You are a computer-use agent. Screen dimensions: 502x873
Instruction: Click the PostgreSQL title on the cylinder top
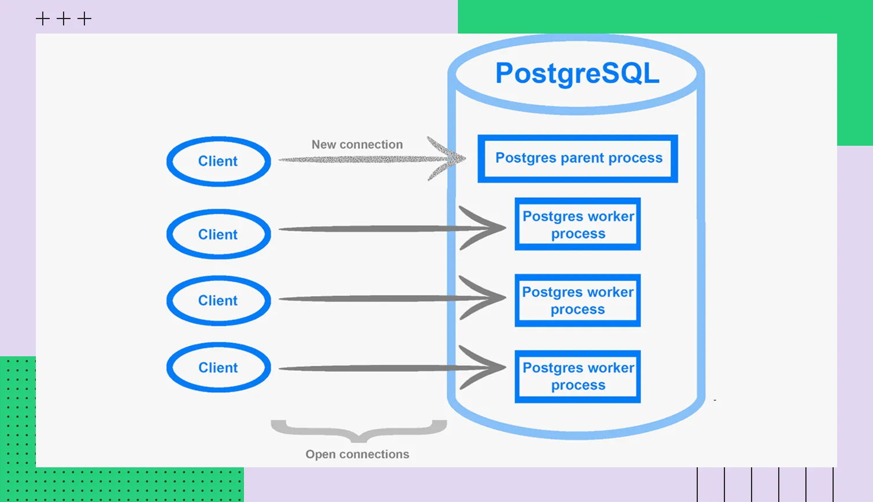[577, 73]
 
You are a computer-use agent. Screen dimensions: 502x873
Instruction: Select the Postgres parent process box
[578, 158]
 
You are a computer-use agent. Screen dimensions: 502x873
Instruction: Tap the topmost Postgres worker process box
[578, 224]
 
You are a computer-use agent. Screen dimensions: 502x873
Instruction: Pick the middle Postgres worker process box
[578, 301]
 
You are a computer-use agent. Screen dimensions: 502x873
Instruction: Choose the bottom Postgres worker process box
[578, 376]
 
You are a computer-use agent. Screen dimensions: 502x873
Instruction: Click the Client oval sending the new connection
[219, 161]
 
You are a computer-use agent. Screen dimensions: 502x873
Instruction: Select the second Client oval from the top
[219, 234]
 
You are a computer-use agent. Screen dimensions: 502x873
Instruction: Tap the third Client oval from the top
[219, 301]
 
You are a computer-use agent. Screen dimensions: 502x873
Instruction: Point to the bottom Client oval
[219, 368]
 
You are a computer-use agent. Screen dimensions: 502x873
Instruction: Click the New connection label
[357, 145]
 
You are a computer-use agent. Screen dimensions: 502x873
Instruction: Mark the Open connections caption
[357, 455]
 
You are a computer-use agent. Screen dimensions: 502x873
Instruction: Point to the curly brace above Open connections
[358, 431]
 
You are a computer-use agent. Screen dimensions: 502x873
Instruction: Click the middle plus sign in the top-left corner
[64, 19]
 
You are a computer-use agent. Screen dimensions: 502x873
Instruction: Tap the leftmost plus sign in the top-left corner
[43, 19]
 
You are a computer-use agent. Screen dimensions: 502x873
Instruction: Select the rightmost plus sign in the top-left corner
[84, 19]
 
